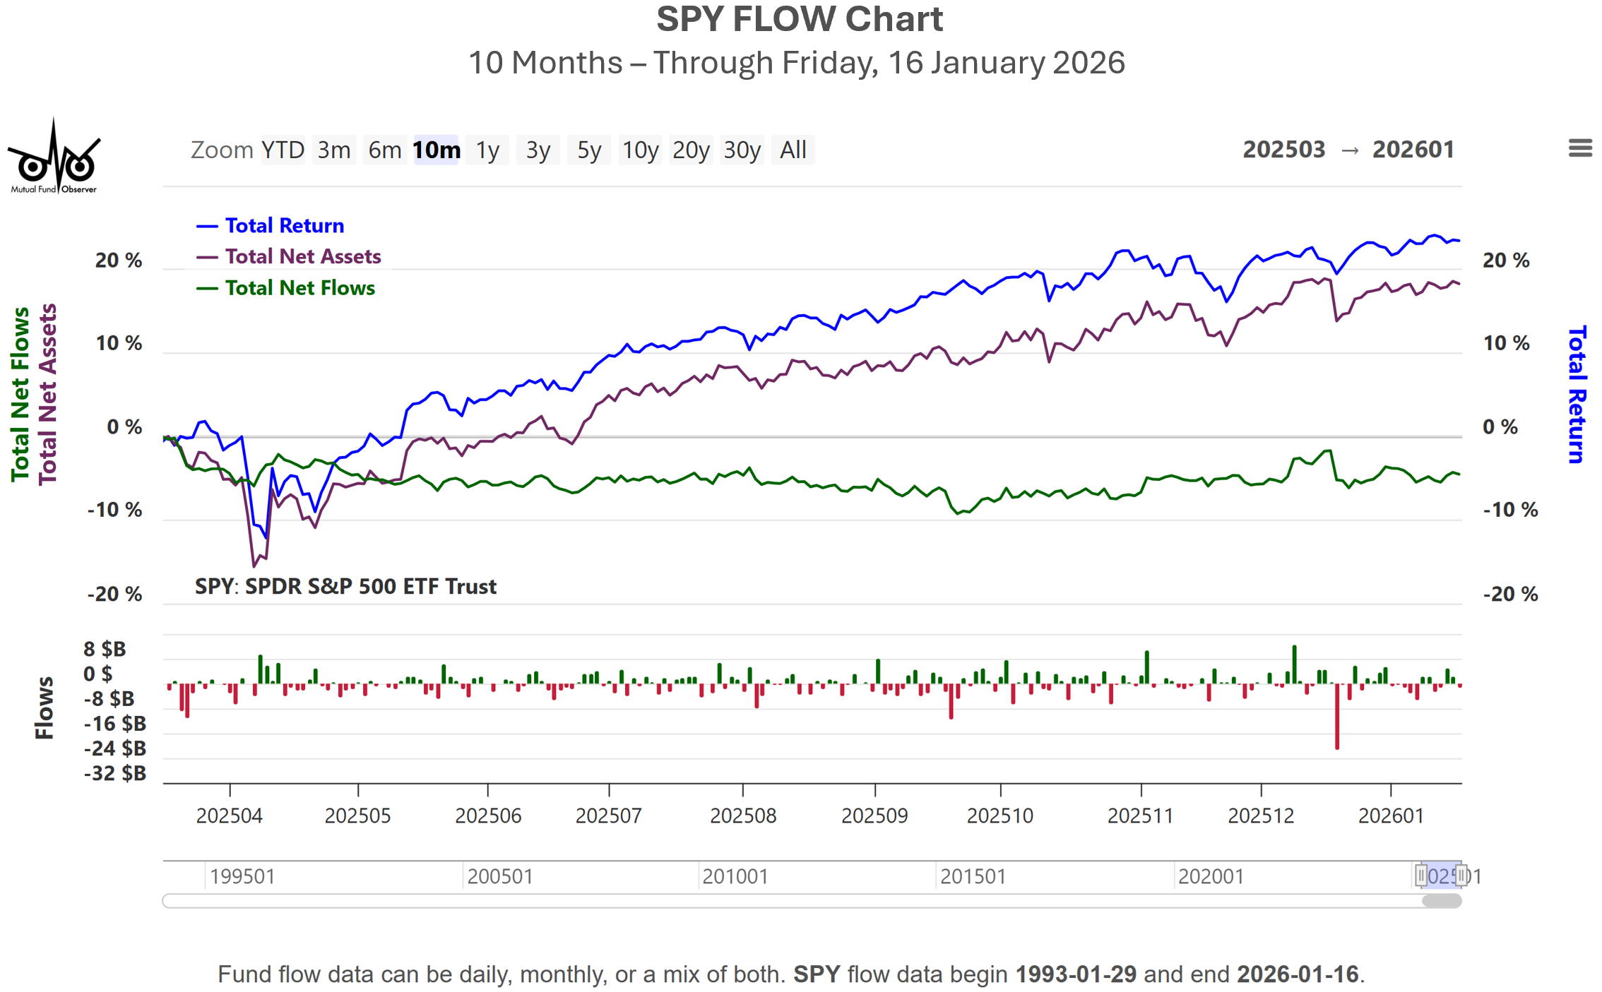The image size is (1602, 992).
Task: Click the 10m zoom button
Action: tap(437, 150)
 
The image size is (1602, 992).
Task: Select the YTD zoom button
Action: tap(283, 150)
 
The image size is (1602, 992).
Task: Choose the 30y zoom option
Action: tap(742, 150)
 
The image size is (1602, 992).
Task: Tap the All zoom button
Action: tap(793, 150)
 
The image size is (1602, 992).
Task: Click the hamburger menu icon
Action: tap(1580, 148)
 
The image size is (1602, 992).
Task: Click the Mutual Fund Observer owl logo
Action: tap(54, 157)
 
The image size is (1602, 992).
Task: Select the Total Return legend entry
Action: tap(284, 225)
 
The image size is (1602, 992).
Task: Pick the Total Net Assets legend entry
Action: tap(302, 256)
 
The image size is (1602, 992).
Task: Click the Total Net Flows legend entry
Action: tap(299, 288)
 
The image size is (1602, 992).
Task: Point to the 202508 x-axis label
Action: tap(742, 815)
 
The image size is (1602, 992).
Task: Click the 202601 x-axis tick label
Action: tap(1390, 815)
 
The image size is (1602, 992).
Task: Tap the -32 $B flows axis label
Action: tap(115, 773)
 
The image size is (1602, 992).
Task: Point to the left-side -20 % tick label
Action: tap(114, 594)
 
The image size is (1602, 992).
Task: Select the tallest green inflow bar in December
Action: tap(1294, 664)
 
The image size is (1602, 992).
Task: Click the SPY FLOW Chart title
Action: tap(800, 19)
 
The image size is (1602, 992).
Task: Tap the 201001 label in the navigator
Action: tap(735, 876)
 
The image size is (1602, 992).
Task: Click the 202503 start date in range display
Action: tap(1283, 150)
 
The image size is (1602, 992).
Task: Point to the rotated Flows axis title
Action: tap(44, 707)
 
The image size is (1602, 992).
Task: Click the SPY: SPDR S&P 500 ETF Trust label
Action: tap(345, 586)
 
